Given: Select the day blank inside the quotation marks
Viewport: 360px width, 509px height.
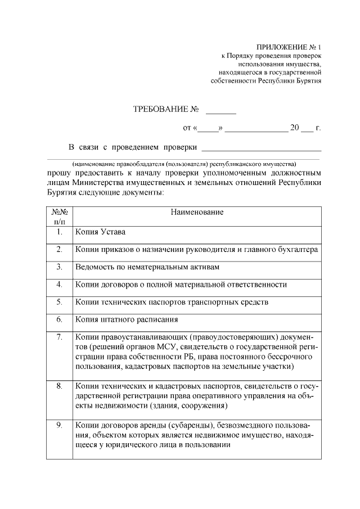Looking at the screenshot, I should (x=208, y=129).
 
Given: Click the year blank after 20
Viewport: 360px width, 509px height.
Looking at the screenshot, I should (x=307, y=129).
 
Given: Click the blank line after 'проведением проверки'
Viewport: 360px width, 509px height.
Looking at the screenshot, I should (x=261, y=149).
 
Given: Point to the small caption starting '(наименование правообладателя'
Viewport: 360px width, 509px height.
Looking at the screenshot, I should (x=184, y=163).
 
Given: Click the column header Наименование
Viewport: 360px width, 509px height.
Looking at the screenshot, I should (x=197, y=212).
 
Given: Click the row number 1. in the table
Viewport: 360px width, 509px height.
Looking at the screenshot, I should (x=59, y=232).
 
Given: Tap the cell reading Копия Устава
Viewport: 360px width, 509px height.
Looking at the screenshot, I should (x=101, y=232).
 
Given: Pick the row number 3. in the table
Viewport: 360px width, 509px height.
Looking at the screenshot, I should (x=59, y=267).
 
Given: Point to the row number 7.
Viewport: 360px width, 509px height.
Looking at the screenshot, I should (x=59, y=336).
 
